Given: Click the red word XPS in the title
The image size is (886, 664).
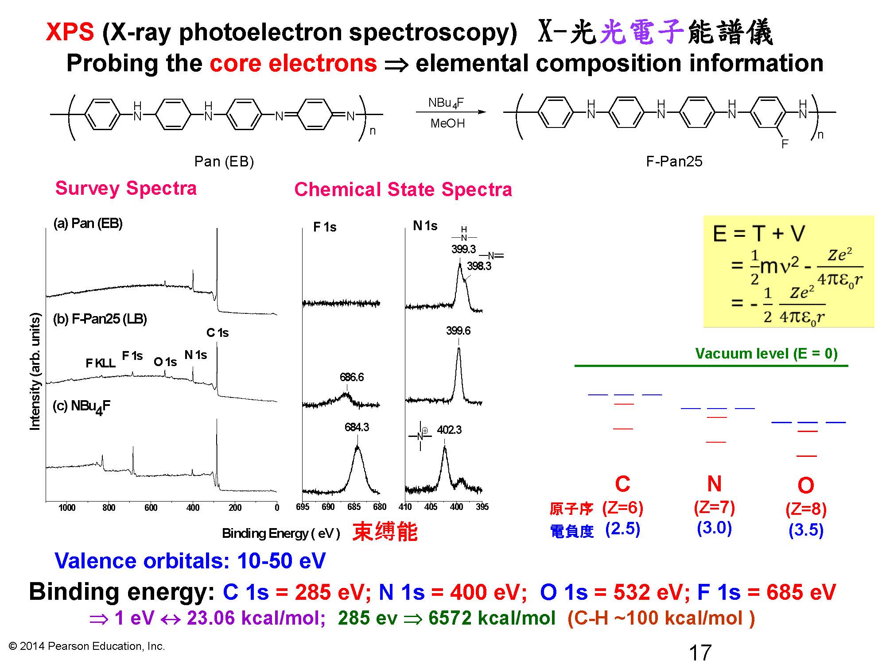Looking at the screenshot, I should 70,32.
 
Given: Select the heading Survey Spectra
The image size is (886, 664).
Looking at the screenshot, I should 126,188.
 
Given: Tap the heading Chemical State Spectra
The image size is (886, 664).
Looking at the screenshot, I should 403,189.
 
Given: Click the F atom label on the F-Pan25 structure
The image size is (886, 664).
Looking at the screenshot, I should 785,144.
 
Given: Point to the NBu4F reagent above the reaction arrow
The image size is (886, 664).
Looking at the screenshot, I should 446,103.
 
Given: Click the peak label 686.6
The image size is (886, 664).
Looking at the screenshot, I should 352,377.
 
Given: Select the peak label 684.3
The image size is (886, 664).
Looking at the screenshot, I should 357,427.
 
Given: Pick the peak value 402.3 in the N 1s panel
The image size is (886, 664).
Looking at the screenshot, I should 449,430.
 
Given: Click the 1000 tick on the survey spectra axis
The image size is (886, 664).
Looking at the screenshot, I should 67,508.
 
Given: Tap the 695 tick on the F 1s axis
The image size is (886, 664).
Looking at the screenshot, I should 303,507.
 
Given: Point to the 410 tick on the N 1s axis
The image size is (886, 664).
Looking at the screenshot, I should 405,507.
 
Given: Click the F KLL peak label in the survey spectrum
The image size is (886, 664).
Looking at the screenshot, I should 101,363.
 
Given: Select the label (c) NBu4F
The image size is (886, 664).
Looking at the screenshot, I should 82,406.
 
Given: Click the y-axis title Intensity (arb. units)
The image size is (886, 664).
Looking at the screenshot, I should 35,371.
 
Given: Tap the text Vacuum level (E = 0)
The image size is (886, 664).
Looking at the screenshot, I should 766,353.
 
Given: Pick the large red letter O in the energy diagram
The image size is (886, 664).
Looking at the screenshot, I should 806,486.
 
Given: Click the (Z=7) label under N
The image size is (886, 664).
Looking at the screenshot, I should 714,507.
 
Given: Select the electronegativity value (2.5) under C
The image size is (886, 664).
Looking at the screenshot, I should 622,529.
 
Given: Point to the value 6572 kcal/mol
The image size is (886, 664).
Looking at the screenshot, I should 492,618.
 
